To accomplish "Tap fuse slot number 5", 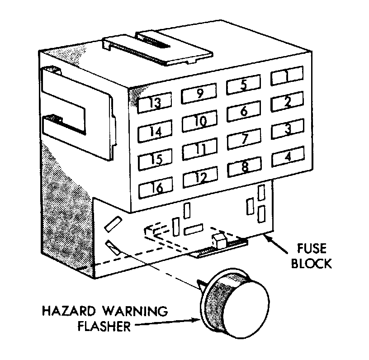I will [243, 85].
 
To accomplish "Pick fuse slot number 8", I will [244, 168].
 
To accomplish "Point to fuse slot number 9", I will [199, 94].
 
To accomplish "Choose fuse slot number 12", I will [200, 178].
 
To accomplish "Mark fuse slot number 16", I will [156, 188].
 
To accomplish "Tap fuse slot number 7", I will [244, 139].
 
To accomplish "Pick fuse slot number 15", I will [156, 160].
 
